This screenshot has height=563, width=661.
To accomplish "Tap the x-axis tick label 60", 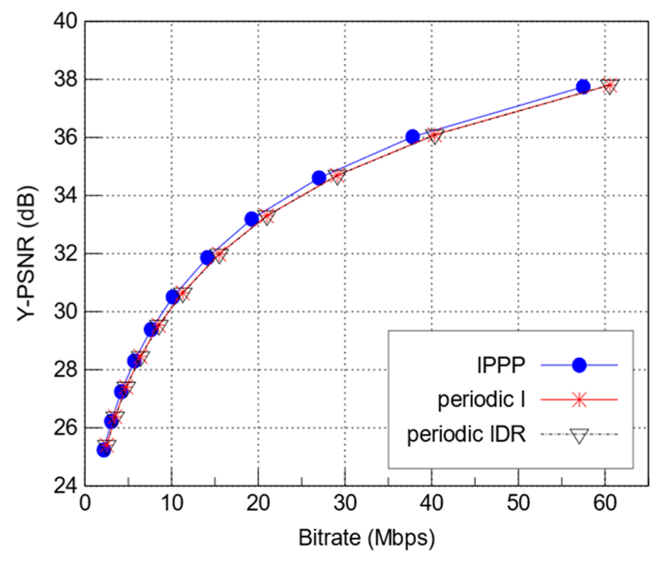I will [604, 504].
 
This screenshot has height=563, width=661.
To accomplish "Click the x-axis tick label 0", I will [85, 504].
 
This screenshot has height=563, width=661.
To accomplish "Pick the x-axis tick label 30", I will [344, 504].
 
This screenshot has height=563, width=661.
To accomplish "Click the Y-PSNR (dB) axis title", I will [27, 253].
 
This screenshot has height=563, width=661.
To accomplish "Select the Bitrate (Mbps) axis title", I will [367, 538].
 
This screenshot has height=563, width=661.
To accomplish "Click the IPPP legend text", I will [500, 365].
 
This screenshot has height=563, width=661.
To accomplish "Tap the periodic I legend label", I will [481, 400].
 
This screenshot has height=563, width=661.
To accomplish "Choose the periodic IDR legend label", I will [466, 434].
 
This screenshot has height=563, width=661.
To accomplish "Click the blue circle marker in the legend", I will [579, 365].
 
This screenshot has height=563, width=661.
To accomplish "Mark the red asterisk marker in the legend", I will [579, 400].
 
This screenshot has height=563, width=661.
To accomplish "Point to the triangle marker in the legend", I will [579, 435].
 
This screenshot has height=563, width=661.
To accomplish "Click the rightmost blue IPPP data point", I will [583, 87].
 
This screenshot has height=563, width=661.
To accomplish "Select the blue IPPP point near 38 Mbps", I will [412, 137].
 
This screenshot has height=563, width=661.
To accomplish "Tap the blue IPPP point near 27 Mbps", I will [319, 178].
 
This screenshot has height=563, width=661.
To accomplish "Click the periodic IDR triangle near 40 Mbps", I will [435, 136].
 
